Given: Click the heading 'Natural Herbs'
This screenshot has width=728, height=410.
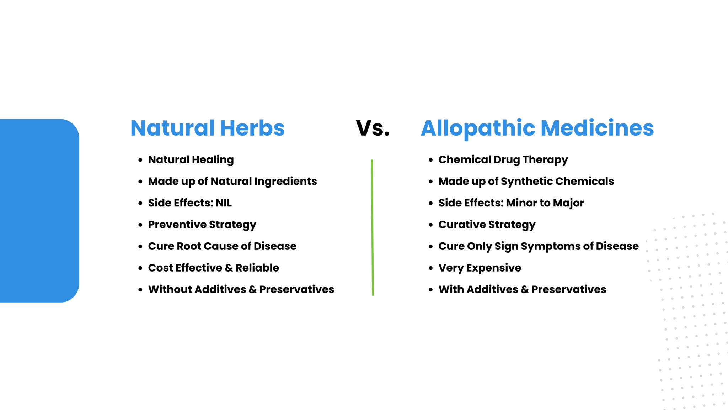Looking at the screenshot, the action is coord(208,128).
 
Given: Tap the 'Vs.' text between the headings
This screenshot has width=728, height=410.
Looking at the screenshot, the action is coord(373,128).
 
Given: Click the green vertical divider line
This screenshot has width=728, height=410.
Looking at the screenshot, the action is coord(372,227).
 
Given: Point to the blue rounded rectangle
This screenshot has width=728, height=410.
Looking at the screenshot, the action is coord(39,211).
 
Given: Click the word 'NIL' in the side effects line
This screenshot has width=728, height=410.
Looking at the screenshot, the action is coord(224,203).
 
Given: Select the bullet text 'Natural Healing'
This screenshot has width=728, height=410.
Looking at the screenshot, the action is coord(191,160).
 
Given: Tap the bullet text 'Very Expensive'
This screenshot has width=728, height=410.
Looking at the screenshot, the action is coord(480,268).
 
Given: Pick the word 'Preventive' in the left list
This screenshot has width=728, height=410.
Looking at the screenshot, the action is coord(177,225).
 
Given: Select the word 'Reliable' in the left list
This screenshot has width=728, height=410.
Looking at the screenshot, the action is coord(257,268).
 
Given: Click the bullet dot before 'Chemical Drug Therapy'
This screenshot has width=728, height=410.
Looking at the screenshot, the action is coord(430,160).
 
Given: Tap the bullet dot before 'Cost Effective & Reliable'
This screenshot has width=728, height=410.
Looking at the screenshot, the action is coord(140,268).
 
